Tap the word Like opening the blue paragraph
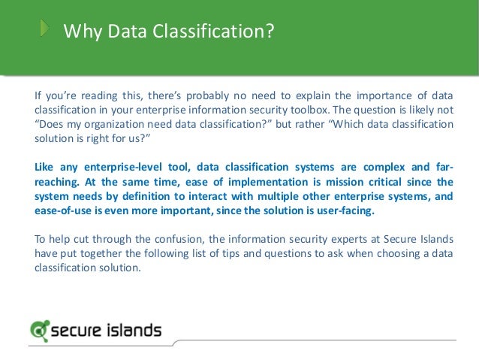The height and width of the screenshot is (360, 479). [x=47, y=167]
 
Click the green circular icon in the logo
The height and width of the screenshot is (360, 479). [x=40, y=330]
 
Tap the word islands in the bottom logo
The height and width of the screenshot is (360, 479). [x=131, y=329]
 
